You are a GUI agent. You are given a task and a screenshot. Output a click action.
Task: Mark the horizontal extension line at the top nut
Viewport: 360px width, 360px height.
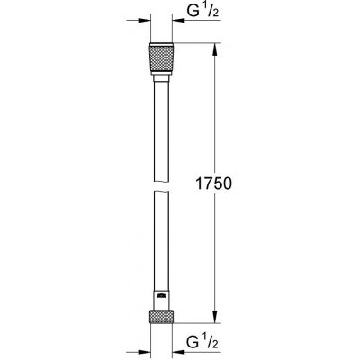pyautogui.click(x=193, y=40)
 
